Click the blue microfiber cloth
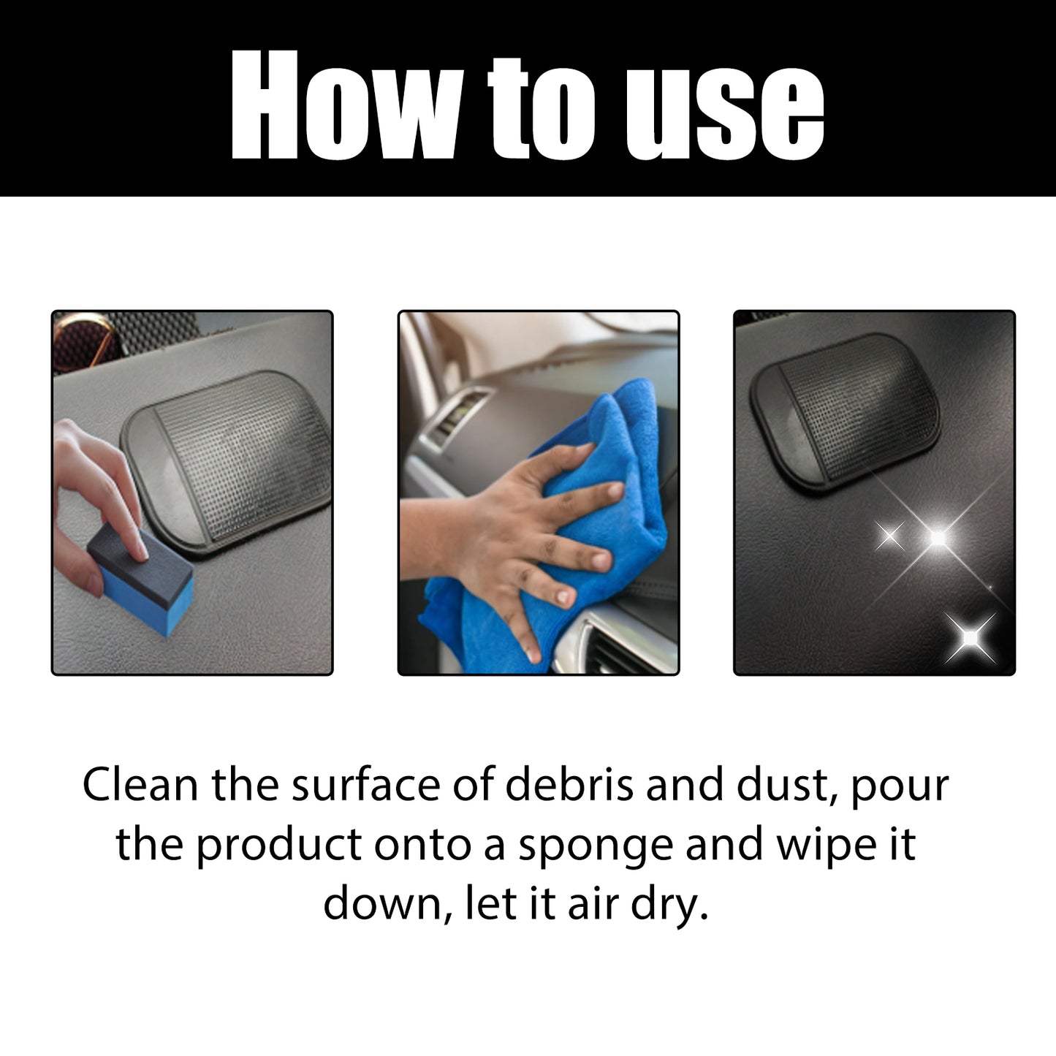[599, 438]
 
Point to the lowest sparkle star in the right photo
[970, 638]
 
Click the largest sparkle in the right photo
[937, 537]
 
